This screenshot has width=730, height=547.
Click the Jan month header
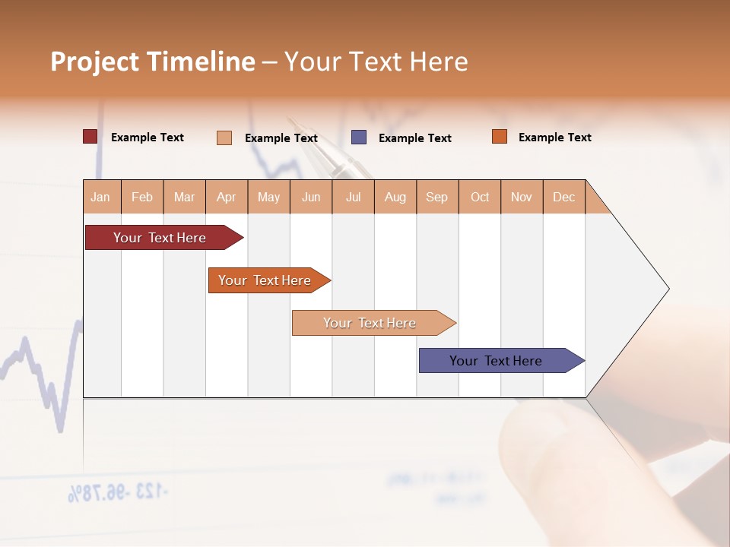pyautogui.click(x=101, y=197)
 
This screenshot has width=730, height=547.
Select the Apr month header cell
pyautogui.click(x=227, y=197)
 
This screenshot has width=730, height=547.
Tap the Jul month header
pyautogui.click(x=354, y=197)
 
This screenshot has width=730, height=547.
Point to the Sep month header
pyautogui.click(x=437, y=197)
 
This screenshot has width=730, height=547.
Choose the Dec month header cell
pyautogui.click(x=564, y=197)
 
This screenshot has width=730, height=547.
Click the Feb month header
pyautogui.click(x=142, y=197)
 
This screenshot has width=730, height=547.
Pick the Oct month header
pyautogui.click(x=480, y=197)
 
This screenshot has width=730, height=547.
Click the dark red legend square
pyautogui.click(x=90, y=137)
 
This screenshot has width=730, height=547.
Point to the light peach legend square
pyautogui.click(x=224, y=138)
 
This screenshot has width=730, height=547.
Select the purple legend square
pyautogui.click(x=359, y=138)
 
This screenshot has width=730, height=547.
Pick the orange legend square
pyautogui.click(x=500, y=137)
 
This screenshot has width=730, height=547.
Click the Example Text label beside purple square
pyautogui.click(x=415, y=138)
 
